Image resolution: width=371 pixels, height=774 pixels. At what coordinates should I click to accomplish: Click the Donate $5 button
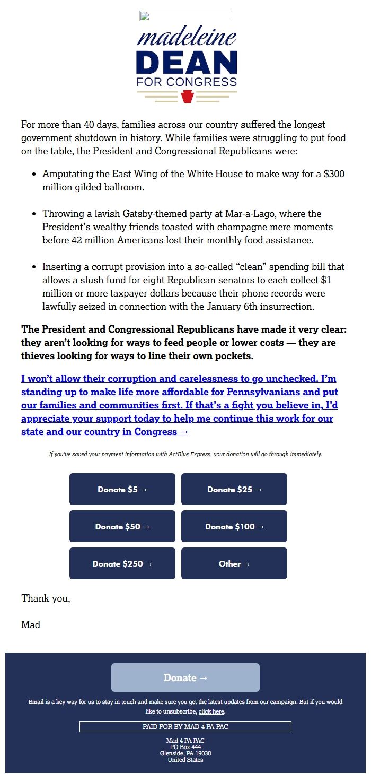coord(122,489)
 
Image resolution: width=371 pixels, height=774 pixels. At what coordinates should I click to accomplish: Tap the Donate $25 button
coord(234,489)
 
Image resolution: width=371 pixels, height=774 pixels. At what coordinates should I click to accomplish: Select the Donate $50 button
coord(122,526)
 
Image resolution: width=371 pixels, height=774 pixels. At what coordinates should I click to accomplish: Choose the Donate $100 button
coord(234,526)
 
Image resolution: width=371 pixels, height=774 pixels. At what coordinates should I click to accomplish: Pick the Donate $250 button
coord(122,563)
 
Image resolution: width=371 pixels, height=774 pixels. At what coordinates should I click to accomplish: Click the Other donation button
coord(234,563)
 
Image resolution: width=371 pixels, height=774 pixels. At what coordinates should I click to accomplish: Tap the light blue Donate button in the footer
coord(185,677)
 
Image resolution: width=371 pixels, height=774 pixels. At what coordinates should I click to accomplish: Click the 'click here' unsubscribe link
coord(211,711)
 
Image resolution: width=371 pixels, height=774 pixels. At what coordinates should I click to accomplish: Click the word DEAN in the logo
coord(187,63)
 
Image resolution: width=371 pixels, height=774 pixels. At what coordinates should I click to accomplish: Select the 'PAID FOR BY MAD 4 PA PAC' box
coord(185,727)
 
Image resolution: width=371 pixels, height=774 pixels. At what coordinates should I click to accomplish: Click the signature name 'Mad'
coord(31,625)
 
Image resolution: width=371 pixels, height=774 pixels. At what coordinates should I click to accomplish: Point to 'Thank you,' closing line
coord(46,598)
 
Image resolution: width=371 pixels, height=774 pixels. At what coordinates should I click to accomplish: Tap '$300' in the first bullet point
coord(334,174)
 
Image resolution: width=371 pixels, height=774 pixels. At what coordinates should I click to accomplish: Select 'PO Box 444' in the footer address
coord(185,747)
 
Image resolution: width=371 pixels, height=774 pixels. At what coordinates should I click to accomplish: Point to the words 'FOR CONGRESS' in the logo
coord(187,82)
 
